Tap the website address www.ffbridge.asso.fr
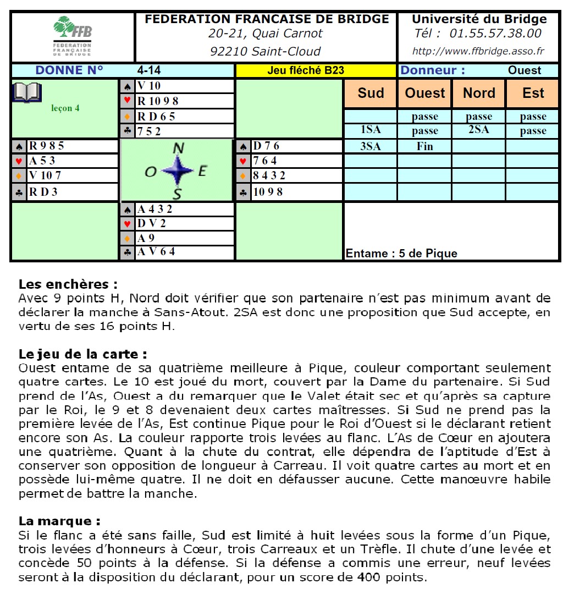coord(478,52)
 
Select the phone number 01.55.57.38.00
coord(495,34)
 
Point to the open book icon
coord(26,92)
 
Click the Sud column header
coord(371,93)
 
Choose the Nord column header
coord(479,93)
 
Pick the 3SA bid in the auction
coord(371,146)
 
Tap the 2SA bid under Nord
coord(479,130)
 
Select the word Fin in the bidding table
coord(424,146)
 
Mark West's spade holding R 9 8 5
coord(47,146)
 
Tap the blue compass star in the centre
coord(178,170)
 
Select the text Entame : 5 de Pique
coord(401,254)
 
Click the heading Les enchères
coord(68,284)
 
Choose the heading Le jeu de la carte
coord(82,354)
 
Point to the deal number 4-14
coord(149,70)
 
